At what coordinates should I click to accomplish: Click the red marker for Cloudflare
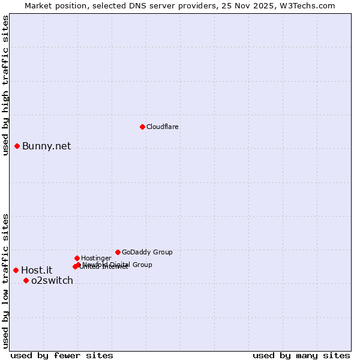(142, 127)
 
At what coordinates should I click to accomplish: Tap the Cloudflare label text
(163, 127)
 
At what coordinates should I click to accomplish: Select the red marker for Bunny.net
(17, 146)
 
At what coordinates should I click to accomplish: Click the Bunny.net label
(47, 146)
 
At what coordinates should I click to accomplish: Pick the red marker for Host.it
(16, 270)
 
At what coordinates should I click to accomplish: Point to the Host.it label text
(37, 271)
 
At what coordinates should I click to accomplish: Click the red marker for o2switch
(26, 280)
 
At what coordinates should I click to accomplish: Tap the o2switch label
(52, 281)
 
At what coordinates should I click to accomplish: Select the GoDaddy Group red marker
(118, 252)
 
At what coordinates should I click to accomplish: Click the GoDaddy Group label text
(147, 252)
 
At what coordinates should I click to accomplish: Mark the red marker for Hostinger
(77, 258)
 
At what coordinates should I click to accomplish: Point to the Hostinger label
(96, 258)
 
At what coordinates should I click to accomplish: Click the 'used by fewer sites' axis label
(62, 355)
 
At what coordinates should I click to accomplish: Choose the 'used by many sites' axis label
(301, 355)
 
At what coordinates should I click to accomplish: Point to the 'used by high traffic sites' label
(5, 85)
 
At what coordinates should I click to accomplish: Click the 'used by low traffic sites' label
(5, 280)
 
